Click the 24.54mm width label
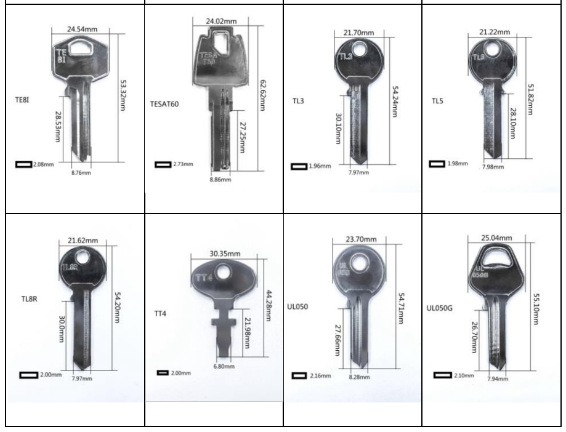coord(82,29)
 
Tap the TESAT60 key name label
coord(164,104)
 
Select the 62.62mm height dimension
coord(262,95)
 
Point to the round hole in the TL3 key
coord(359,49)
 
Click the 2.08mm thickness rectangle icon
coord(24,164)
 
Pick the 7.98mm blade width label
coord(493,167)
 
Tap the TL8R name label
coord(29,299)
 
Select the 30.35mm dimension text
coord(225,254)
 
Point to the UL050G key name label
coord(439,308)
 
